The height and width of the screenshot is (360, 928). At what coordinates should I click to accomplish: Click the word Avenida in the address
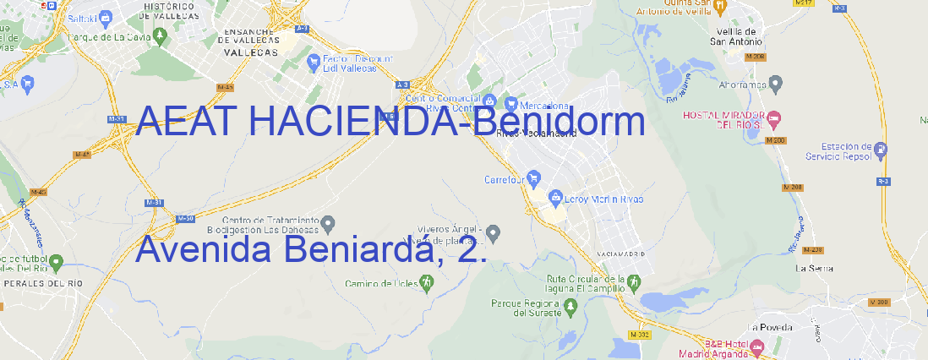click(203, 249)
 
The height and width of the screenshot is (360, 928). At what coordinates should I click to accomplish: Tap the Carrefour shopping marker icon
click(536, 178)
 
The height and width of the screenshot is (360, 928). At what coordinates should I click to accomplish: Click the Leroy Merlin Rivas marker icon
click(555, 198)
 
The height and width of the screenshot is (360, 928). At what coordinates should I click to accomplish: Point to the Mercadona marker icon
click(510, 104)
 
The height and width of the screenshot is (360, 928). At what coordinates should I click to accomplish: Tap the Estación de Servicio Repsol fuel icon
click(882, 150)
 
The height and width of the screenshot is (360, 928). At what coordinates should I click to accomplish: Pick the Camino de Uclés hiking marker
click(426, 283)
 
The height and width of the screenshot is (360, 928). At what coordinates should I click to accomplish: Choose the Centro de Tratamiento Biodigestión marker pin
click(329, 223)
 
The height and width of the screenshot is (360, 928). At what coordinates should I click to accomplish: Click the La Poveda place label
click(770, 326)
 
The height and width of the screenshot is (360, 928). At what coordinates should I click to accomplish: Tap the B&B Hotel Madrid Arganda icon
click(756, 346)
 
